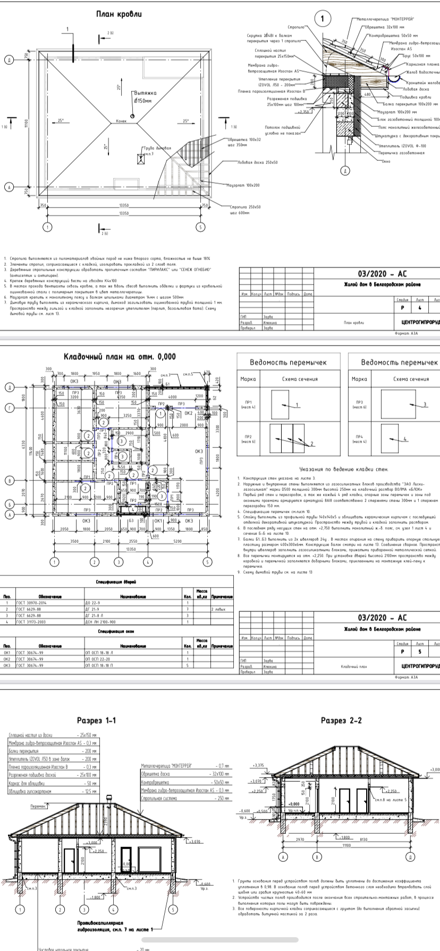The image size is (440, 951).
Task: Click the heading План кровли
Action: pos(119,14)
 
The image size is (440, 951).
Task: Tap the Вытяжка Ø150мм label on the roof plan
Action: pos(144,96)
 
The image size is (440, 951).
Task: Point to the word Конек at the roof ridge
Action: pos(122,122)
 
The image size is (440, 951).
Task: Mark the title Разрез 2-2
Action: pos(341,721)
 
